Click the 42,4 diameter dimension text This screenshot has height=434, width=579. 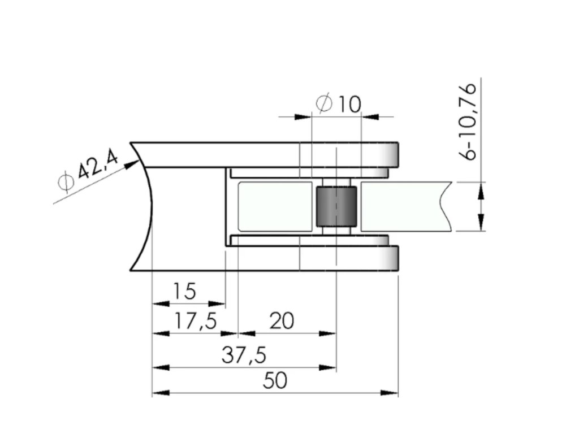coord(98,167)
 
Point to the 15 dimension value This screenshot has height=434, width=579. coord(184,291)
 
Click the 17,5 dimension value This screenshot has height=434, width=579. coord(195,321)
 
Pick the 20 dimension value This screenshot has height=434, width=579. coord(282,321)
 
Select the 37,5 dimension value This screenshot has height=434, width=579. coord(244,355)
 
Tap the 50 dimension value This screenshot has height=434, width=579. coord(275,380)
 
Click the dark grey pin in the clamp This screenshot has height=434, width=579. coord(336,207)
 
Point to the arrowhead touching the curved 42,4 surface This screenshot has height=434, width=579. coord(131,164)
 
